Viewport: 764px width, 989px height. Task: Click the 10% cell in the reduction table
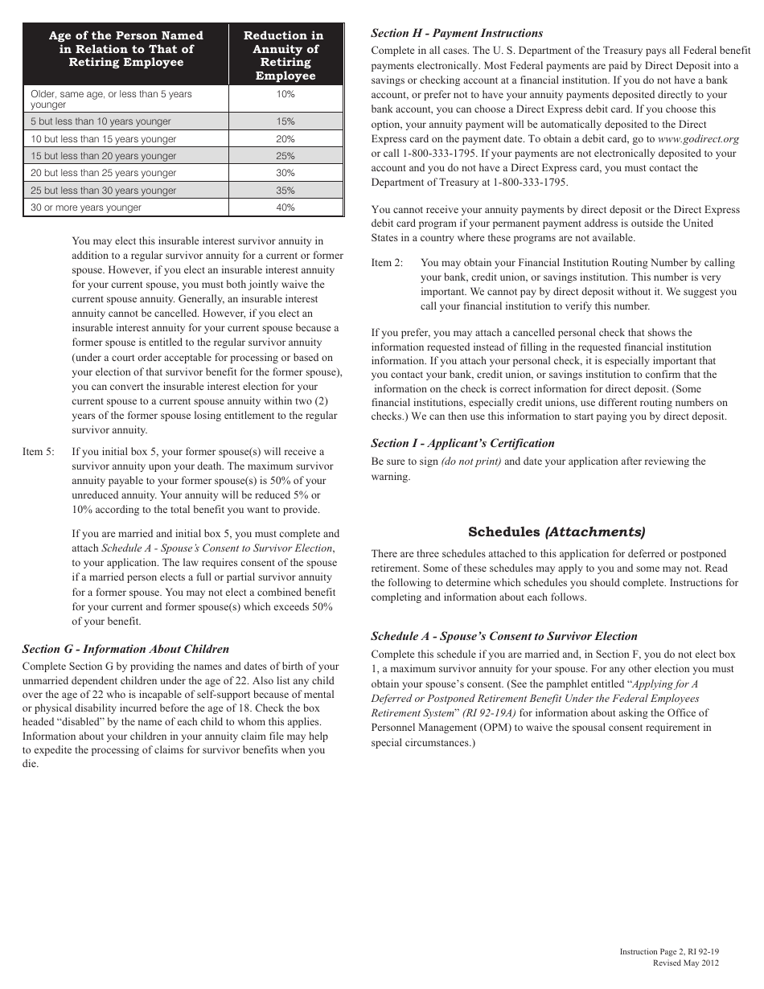point(285,94)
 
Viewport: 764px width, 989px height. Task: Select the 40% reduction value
point(285,207)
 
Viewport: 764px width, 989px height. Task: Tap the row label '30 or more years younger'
point(86,207)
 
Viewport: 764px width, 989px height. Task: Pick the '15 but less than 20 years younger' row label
point(104,156)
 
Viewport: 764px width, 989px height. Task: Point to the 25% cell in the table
point(285,156)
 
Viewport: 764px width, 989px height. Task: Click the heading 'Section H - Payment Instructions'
point(456,33)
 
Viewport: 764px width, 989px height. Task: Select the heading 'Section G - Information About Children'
point(125,649)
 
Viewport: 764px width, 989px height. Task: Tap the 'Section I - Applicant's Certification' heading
point(462,443)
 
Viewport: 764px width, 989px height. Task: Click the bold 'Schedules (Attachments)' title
point(557,532)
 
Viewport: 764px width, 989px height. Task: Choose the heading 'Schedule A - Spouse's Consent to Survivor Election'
point(503,636)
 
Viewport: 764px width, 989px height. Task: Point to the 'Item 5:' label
point(39,452)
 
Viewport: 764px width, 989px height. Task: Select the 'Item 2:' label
point(387,263)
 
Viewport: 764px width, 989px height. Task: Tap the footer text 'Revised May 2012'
point(685,962)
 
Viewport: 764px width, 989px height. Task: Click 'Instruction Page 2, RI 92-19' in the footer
point(669,951)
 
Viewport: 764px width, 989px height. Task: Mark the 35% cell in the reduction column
point(285,191)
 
